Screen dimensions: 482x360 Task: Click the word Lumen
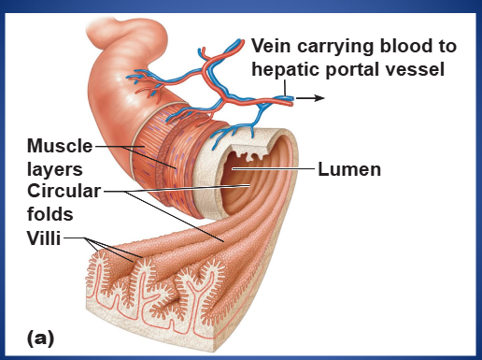tap(349, 169)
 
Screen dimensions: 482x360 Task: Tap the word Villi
tap(44, 238)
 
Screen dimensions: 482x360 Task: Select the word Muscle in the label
tap(60, 146)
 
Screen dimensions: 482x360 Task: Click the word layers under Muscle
tap(55, 169)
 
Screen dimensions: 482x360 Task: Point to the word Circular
tap(64, 191)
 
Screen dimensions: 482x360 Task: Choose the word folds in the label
tap(50, 214)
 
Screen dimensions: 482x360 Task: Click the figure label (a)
tap(40, 338)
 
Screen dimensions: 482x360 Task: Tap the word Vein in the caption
tap(271, 46)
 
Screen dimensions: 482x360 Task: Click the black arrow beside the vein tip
tap(310, 98)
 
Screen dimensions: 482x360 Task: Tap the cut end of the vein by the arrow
tap(291, 100)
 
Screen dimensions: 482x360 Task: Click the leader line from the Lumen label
tap(273, 168)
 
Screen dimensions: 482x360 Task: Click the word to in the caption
tap(445, 46)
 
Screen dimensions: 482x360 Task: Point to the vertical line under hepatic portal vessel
tap(285, 88)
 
